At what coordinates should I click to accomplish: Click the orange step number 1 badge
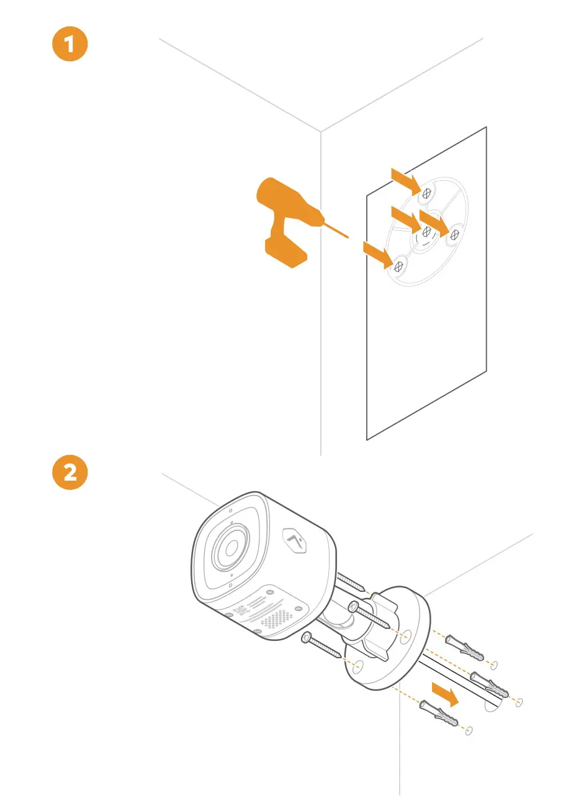coord(70,47)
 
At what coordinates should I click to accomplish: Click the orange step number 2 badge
coord(70,473)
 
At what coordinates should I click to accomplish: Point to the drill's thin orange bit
coord(336,230)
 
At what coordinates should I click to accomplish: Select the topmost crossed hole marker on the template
coord(426,194)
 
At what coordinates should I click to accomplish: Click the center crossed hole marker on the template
coord(426,232)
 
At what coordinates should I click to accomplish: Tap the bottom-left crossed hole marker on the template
coord(399,266)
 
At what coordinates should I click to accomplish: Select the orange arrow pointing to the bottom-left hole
coord(377,255)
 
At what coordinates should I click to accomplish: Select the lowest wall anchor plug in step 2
coord(440,714)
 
